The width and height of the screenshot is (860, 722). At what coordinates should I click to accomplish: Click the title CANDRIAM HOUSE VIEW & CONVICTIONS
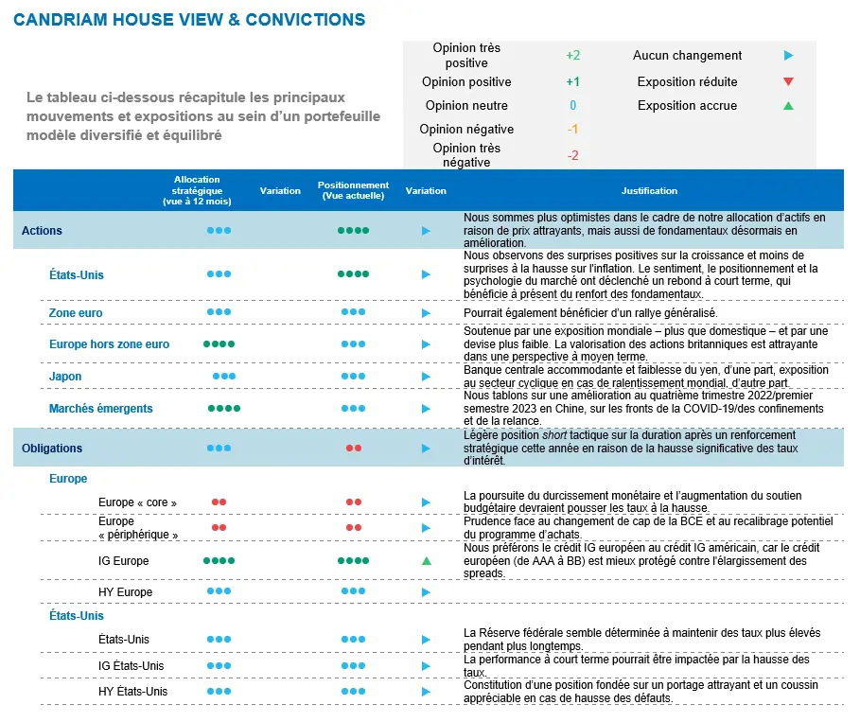pyautogui.click(x=189, y=19)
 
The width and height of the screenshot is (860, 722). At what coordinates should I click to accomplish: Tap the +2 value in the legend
pyautogui.click(x=573, y=55)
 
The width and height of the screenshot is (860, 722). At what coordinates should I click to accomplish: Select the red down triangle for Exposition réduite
pyautogui.click(x=788, y=81)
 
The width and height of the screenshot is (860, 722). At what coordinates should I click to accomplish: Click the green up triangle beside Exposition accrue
pyautogui.click(x=788, y=105)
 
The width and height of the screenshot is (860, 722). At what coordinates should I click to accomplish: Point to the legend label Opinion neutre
pyautogui.click(x=466, y=105)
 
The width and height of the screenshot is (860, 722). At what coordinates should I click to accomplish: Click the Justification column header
pyautogui.click(x=649, y=190)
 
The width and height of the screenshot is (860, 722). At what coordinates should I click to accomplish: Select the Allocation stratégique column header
pyautogui.click(x=197, y=190)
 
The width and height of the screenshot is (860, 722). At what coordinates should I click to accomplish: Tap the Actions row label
pyautogui.click(x=42, y=230)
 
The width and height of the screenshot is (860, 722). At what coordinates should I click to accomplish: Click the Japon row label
pyautogui.click(x=65, y=376)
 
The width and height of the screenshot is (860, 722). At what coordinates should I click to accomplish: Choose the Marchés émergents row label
pyautogui.click(x=101, y=408)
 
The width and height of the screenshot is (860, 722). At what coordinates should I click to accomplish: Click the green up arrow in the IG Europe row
pyautogui.click(x=426, y=561)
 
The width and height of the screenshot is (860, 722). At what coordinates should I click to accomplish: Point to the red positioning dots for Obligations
pyautogui.click(x=353, y=448)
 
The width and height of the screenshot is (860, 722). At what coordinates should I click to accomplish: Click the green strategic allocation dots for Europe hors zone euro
pyautogui.click(x=219, y=344)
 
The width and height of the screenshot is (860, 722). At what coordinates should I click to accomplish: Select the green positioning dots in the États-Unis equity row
pyautogui.click(x=353, y=274)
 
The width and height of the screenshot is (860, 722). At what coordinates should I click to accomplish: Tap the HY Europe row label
pyautogui.click(x=125, y=592)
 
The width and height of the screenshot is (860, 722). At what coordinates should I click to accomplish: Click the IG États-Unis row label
pyautogui.click(x=131, y=665)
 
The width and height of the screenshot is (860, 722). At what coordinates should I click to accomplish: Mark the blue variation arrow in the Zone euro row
pyautogui.click(x=426, y=312)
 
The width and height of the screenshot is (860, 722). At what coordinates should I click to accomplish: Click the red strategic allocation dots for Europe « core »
pyautogui.click(x=219, y=502)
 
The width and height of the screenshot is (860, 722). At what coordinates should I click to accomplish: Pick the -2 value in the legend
pyautogui.click(x=573, y=155)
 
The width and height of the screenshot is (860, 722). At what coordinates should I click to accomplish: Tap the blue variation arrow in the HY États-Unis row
pyautogui.click(x=426, y=691)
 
